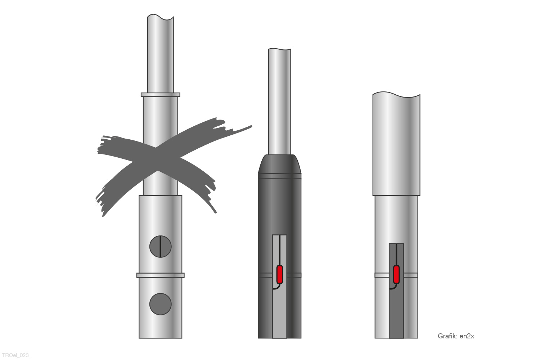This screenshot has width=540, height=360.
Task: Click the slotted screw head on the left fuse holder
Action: click(x=160, y=247)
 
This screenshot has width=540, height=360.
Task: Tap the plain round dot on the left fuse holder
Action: click(x=160, y=304)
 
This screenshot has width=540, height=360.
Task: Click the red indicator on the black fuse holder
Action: click(x=280, y=275)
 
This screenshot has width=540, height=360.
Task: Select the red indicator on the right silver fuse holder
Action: click(x=396, y=275)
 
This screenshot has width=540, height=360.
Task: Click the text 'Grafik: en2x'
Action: click(x=456, y=336)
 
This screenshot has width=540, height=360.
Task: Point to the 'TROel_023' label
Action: click(x=15, y=355)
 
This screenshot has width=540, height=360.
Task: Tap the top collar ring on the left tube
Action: click(x=160, y=95)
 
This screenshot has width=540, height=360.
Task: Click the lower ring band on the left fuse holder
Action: click(x=160, y=275)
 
